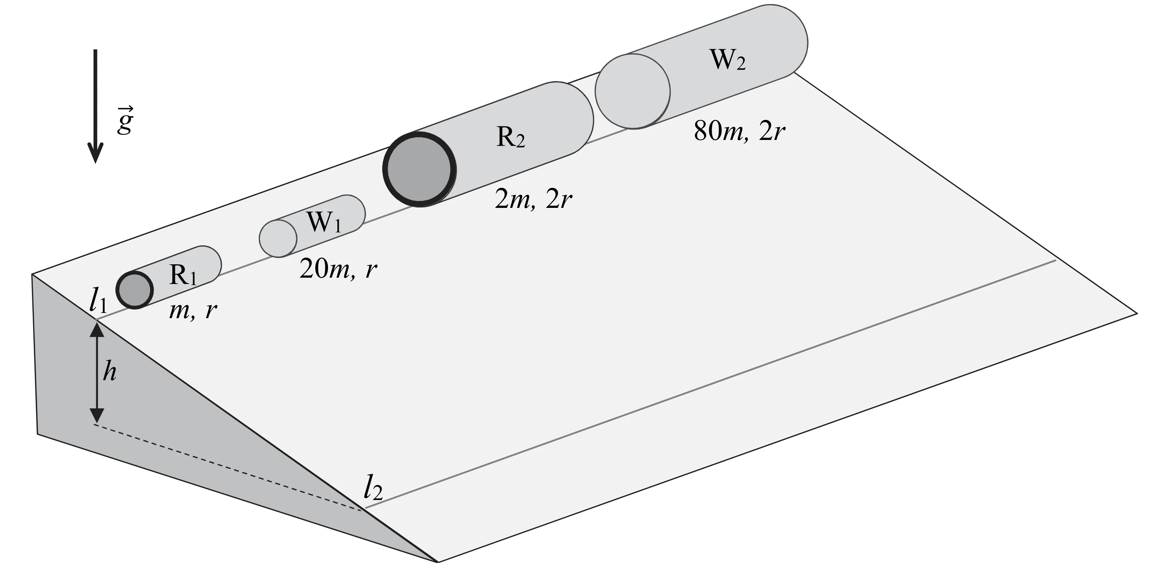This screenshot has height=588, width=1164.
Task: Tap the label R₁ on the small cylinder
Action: click(183, 275)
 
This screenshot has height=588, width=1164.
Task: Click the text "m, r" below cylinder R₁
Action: click(192, 310)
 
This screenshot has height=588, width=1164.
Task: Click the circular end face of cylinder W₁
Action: click(278, 238)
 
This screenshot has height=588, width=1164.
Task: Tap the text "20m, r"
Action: click(338, 269)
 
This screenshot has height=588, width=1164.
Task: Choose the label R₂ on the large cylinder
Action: click(511, 137)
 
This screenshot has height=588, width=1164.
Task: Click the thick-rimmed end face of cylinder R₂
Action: click(419, 169)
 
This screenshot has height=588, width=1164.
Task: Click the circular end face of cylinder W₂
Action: click(633, 91)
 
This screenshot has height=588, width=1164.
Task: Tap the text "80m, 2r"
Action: click(739, 131)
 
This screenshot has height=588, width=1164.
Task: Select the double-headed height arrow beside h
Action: click(97, 373)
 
